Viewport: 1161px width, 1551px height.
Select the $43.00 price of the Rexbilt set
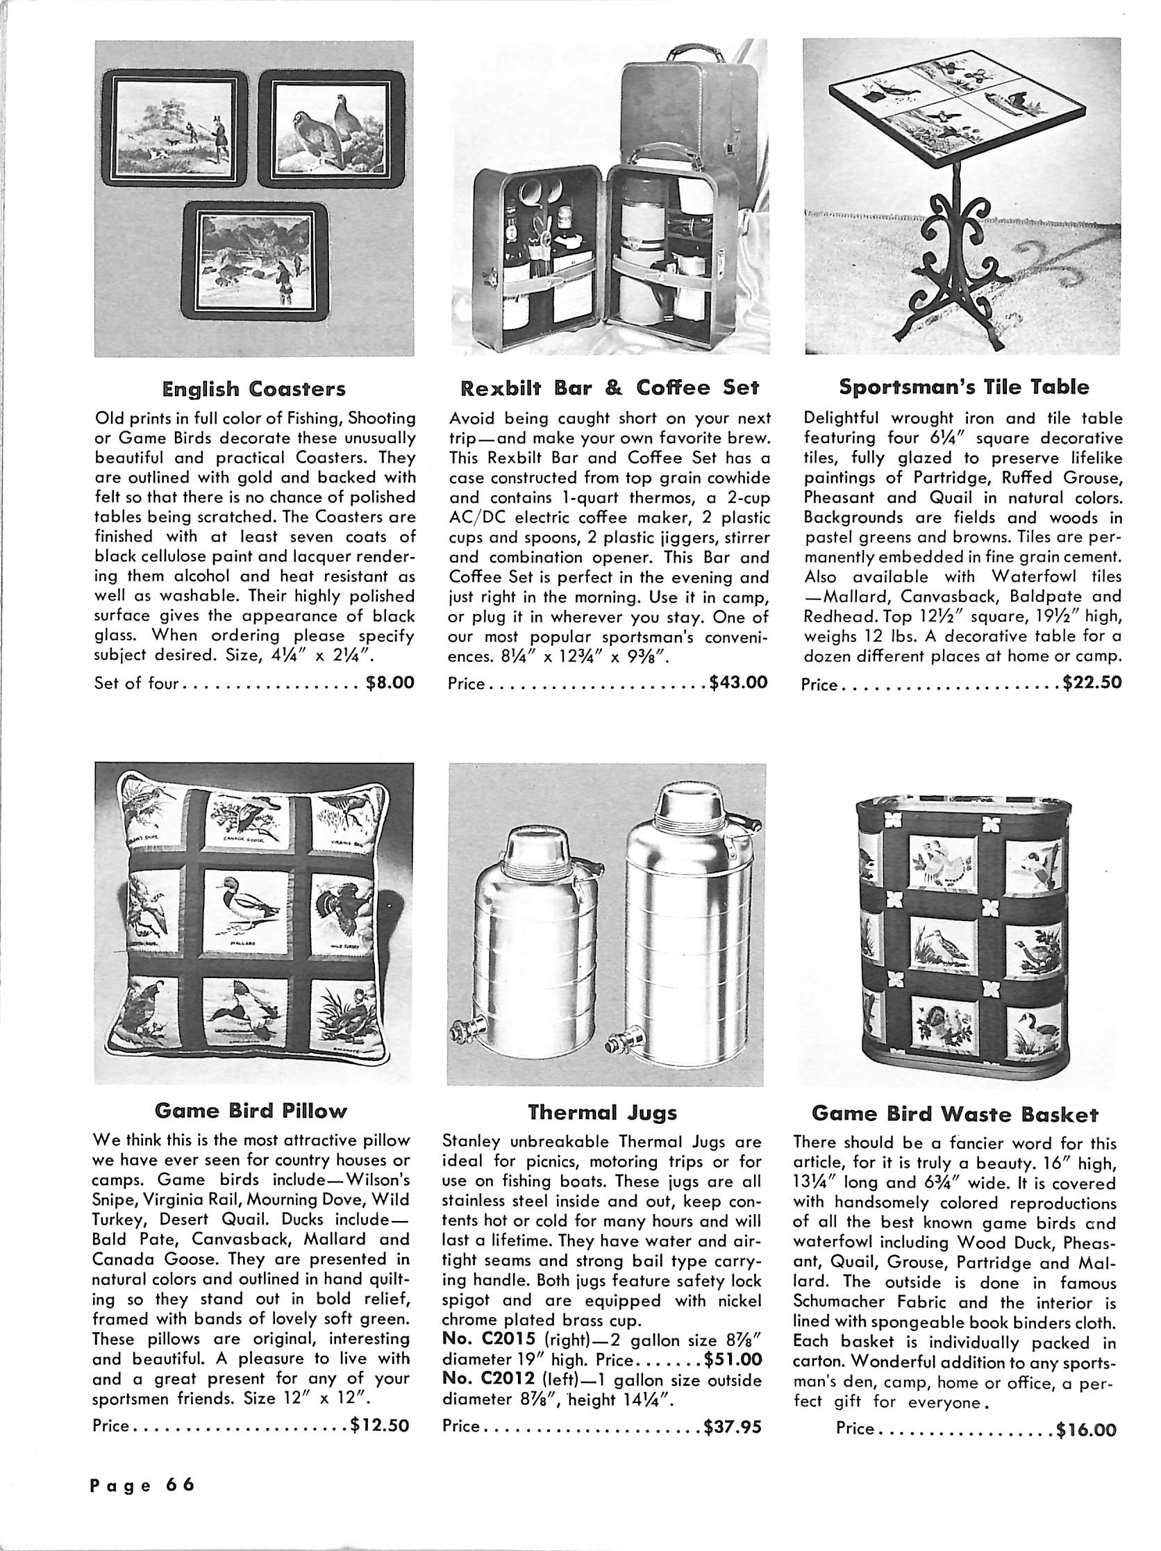click(x=738, y=681)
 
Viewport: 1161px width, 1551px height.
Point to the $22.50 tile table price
click(x=1092, y=682)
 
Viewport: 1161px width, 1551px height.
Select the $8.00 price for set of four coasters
click(x=390, y=682)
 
